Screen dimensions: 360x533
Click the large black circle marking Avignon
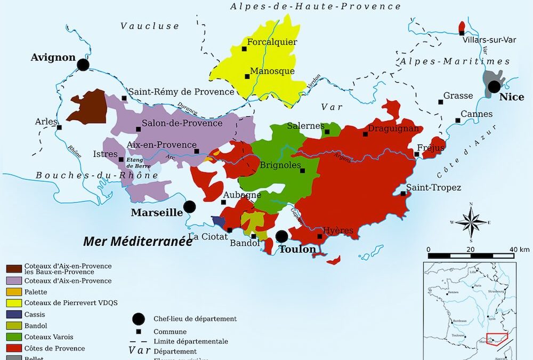(83, 65)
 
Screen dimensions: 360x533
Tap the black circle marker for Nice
(495, 86)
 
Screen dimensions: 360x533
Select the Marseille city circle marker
(189, 207)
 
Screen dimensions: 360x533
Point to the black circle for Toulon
(282, 236)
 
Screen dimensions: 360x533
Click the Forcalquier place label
(272, 42)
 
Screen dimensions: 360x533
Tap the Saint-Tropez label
(433, 187)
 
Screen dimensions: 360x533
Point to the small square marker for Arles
(59, 127)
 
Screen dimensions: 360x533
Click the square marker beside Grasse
(440, 102)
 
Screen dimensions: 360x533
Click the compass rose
(471, 221)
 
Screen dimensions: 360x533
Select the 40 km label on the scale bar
(519, 250)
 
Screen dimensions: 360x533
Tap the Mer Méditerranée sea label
(138, 241)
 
